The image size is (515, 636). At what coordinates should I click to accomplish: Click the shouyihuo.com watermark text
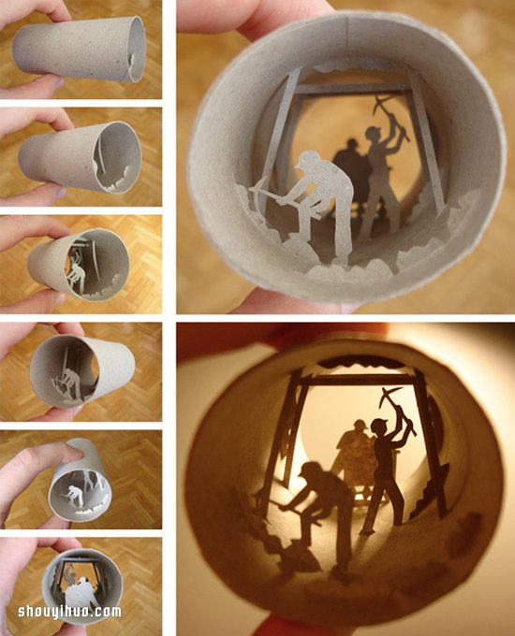(x=69, y=612)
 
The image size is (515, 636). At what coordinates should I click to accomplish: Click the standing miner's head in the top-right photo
(x=374, y=134)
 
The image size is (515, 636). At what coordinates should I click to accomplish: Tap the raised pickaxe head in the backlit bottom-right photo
(x=390, y=396)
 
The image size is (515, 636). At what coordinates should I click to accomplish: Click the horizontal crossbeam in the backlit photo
(x=361, y=380)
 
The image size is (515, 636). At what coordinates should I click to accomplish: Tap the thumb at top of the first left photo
(x=31, y=9)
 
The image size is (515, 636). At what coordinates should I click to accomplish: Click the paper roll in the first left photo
(x=80, y=50)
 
